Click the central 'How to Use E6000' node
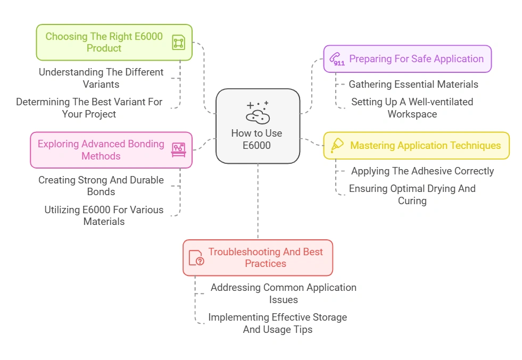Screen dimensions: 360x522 click(x=258, y=126)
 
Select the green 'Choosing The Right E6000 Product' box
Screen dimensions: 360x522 click(x=114, y=42)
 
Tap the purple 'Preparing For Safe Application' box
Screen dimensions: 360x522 click(x=407, y=58)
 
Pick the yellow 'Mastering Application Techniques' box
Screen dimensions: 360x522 click(x=416, y=146)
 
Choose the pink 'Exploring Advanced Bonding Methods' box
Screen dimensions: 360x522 click(x=111, y=150)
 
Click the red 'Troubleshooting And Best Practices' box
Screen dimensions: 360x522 click(x=258, y=257)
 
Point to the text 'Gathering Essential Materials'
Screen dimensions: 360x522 click(x=413, y=84)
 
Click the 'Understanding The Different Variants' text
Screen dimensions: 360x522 click(x=101, y=78)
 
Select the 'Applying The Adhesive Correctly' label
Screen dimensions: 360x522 click(x=422, y=171)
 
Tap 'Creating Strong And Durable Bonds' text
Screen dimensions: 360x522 click(x=101, y=186)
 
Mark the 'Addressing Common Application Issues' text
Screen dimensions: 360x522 click(x=283, y=293)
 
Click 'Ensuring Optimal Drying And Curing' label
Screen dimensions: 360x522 click(x=412, y=194)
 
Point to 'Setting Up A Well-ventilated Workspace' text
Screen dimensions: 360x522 click(x=412, y=107)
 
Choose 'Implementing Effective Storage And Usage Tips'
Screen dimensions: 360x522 click(x=277, y=323)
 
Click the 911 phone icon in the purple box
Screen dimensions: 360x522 click(x=336, y=59)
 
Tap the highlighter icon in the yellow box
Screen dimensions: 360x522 click(x=337, y=146)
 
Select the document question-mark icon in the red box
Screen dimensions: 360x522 click(x=196, y=258)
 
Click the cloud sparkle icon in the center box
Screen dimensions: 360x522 click(x=258, y=112)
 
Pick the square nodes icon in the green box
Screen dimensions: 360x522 click(x=178, y=43)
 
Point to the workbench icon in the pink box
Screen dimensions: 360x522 click(x=178, y=150)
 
